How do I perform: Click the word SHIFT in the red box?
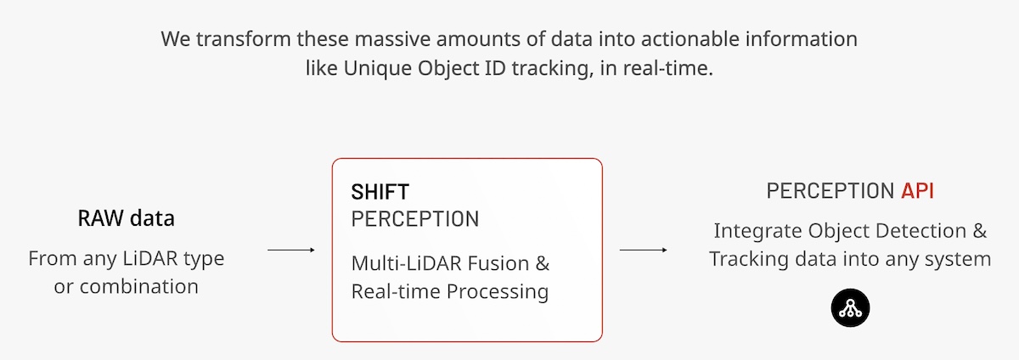tap(380, 192)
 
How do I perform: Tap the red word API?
tap(917, 191)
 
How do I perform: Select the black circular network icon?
tap(850, 308)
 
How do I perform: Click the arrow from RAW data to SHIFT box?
tap(291, 250)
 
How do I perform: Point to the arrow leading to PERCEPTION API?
tap(644, 250)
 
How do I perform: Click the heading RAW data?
tap(126, 218)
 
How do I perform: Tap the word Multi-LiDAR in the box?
tap(407, 263)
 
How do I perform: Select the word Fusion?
tap(498, 263)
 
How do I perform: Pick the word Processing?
tap(498, 292)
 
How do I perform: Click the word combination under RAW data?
tap(138, 287)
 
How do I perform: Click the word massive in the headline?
tap(392, 39)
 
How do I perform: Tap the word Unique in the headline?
tap(378, 69)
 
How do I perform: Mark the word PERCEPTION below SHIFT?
tap(415, 219)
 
